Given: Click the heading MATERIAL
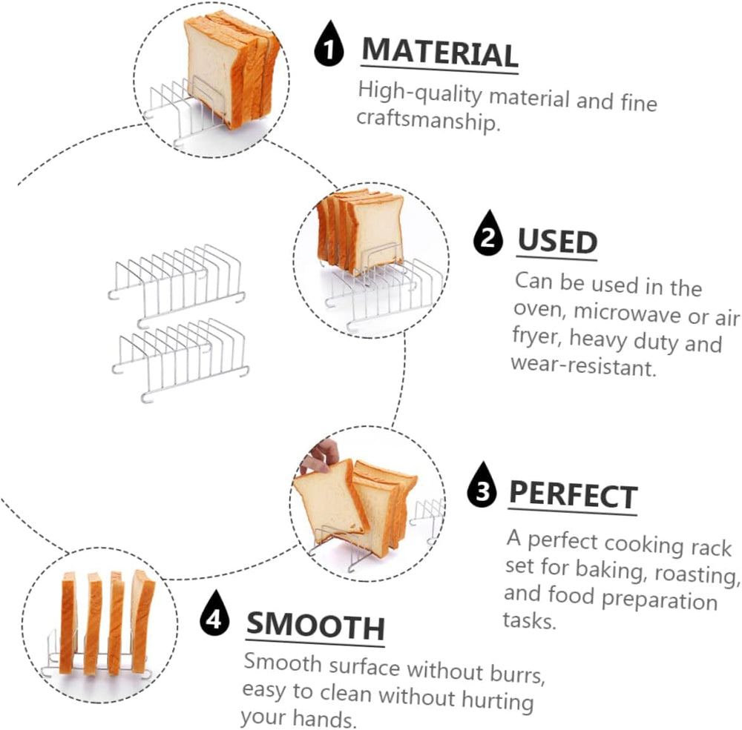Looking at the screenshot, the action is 439,53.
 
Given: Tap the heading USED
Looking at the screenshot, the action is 557,241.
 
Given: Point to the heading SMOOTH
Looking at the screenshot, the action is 315,626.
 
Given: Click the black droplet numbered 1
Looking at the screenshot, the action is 329,44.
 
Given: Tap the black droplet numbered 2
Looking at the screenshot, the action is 488,233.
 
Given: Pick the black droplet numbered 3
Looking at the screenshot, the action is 482,485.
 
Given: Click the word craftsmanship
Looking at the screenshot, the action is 428,120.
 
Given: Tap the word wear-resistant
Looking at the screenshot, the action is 584,365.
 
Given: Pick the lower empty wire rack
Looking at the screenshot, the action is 180,359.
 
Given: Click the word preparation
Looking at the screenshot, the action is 660,600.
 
